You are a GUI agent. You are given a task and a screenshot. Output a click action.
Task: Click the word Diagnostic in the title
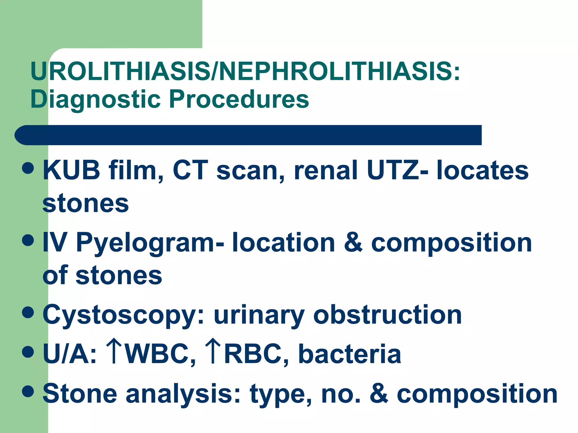coord(96,99)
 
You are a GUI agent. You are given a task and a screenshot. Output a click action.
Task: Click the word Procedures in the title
coord(239,99)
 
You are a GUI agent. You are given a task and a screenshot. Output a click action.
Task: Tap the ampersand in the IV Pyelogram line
coord(353,242)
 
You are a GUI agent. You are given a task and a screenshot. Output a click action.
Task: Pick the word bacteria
coord(350,354)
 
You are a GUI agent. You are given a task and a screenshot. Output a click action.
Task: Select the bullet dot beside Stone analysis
coord(28,391)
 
